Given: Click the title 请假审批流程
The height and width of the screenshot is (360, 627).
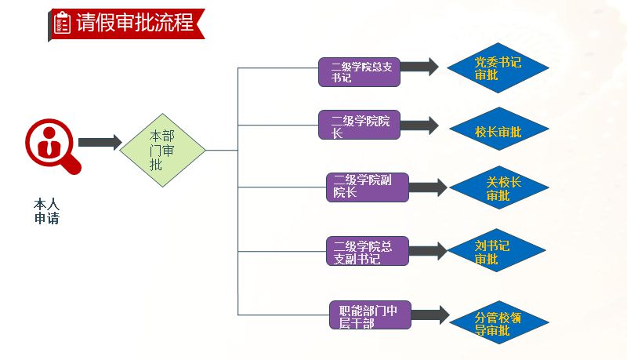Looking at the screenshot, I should pos(135,23).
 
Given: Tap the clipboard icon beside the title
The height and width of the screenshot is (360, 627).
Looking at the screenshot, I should pos(62,23).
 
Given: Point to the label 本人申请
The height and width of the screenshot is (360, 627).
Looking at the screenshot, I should pos(46,211).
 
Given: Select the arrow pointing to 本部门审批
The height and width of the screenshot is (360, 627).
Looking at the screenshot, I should pos(100,142).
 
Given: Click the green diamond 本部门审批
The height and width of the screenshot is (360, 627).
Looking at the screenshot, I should pos(162,150).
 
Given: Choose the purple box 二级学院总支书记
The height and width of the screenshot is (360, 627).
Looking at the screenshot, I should pos(360,71).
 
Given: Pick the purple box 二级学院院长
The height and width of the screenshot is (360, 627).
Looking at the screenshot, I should pos(360,125).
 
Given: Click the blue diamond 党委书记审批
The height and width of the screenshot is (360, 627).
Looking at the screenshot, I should pos(498,68).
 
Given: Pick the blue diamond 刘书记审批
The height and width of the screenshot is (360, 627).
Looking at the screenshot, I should pos(497,252).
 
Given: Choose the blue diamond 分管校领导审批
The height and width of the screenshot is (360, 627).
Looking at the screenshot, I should pos(498,323).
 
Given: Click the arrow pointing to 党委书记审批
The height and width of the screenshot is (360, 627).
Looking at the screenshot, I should pos(420,67).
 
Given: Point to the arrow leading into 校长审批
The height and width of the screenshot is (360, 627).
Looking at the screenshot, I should pos(419,125).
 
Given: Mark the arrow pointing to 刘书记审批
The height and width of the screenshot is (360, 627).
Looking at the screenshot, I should pos(428,251).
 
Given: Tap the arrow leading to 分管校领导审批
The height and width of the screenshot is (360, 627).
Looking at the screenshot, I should pos(430,315).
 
